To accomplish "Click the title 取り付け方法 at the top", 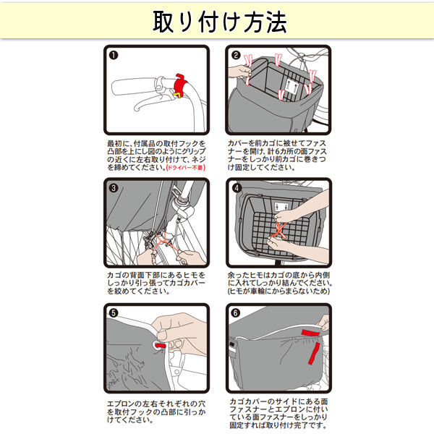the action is point(220,22).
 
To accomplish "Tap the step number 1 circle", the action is point(114,56).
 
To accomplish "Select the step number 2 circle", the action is point(236,55).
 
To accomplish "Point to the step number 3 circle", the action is point(114,189).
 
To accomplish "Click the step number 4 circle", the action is point(237,188).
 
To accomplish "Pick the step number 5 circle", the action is point(114,313).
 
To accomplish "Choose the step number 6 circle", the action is point(236,313).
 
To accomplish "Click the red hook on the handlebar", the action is point(180,84).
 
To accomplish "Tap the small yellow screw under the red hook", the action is point(177,95).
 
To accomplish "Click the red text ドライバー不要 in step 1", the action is point(186,168).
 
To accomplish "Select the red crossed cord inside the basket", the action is point(278,231).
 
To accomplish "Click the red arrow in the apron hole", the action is point(161,346).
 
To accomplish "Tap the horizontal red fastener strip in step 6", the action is point(311,333).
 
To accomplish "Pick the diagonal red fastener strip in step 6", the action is point(314,353).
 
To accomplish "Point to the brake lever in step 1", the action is point(151,102).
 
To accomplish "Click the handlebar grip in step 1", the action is point(133,86).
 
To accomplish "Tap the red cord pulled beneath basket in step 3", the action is point(164,242).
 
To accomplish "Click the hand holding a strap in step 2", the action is point(240,72).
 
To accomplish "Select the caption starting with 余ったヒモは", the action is point(279,283).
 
